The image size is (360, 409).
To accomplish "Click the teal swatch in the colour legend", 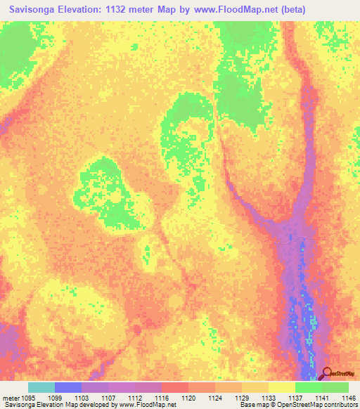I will [41, 387].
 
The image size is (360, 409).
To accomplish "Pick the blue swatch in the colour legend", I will [68, 387].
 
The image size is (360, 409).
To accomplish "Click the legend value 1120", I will [188, 397].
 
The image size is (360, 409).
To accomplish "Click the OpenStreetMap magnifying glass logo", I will [327, 373].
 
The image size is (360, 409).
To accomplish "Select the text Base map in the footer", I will [252, 405].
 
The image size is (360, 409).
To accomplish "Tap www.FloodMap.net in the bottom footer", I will [148, 405].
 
